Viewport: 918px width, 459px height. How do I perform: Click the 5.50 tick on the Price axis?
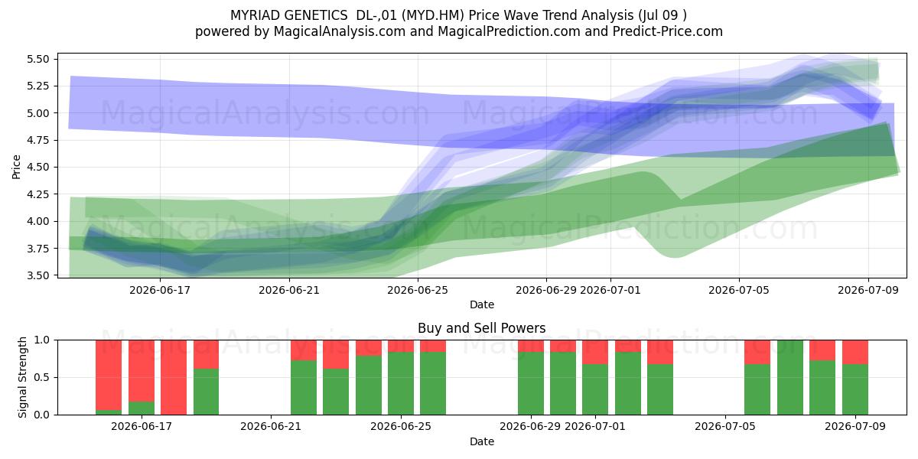tap(37, 59)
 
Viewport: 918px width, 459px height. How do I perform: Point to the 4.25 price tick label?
tap(37, 194)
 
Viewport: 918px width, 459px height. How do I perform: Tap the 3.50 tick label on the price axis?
tap(37, 275)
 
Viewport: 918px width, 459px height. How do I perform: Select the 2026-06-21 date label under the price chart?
tap(289, 290)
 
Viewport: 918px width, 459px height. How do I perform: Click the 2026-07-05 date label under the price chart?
tap(739, 290)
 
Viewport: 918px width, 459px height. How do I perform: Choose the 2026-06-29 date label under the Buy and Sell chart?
tap(530, 426)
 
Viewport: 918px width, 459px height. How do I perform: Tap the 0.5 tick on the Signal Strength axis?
tap(42, 377)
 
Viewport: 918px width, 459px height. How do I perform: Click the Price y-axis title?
tap(16, 167)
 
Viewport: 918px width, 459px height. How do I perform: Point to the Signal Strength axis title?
tap(22, 377)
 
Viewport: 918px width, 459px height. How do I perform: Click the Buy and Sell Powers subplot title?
tap(481, 328)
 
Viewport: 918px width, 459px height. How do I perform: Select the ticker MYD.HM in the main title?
tap(433, 15)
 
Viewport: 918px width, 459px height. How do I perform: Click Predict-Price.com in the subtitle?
tap(668, 31)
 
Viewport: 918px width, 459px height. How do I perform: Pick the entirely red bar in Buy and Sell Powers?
tap(174, 377)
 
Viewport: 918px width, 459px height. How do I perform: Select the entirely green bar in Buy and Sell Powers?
tap(790, 377)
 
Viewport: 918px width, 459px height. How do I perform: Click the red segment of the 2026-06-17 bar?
tap(142, 371)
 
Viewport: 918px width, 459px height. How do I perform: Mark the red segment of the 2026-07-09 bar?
tap(855, 352)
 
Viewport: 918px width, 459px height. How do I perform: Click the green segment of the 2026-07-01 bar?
tap(595, 389)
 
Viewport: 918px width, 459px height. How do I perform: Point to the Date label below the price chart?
tap(481, 305)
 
